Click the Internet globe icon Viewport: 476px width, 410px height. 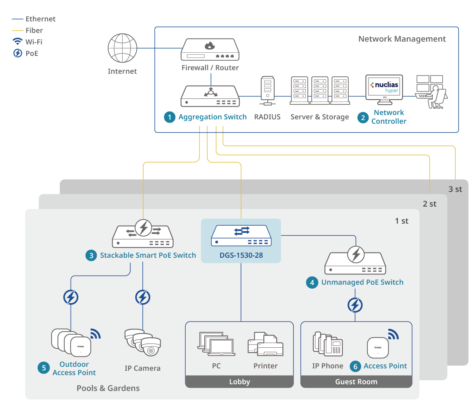(122, 48)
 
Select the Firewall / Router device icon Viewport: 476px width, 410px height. (210, 50)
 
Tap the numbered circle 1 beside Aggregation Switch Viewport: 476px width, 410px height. (169, 117)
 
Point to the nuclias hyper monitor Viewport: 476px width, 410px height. (384, 88)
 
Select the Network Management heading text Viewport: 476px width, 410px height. (402, 39)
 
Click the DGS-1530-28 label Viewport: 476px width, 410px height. (241, 255)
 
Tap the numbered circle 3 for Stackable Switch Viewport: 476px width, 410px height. (91, 255)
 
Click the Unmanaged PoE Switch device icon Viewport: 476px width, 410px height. (355, 262)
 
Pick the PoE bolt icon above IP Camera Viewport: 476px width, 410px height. (143, 297)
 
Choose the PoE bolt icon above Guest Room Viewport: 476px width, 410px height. (355, 305)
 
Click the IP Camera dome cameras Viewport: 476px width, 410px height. (143, 342)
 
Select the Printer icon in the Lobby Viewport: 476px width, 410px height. (265, 344)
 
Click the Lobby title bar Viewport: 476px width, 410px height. (240, 382)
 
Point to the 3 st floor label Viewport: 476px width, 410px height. (455, 189)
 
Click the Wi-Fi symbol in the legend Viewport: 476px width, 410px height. (17, 42)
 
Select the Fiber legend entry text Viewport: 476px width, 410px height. (34, 31)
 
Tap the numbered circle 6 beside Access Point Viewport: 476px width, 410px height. (355, 366)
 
